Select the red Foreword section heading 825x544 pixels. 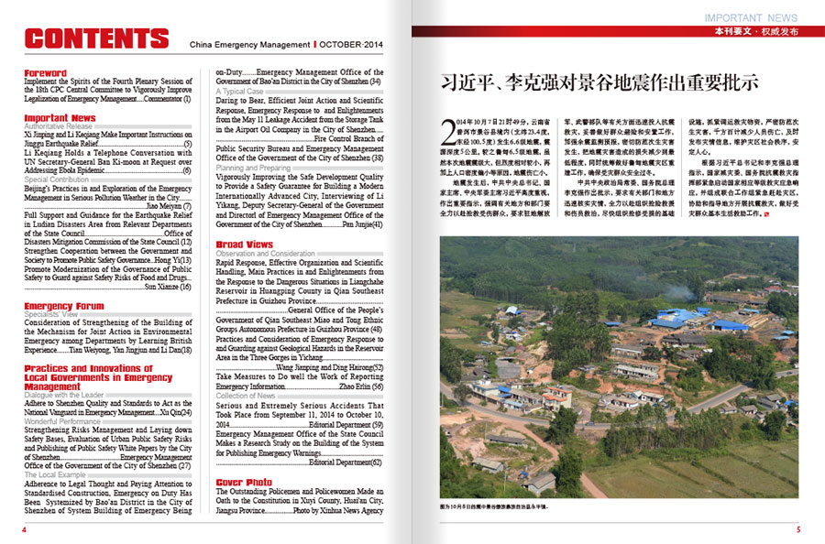pos(46,73)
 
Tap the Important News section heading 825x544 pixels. pos(60,118)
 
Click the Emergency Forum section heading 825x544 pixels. pos(64,306)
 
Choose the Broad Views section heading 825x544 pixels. pos(244,245)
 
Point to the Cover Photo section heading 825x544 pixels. pos(244,482)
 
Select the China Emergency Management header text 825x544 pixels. pos(249,43)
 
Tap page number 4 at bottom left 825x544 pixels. pos(24,529)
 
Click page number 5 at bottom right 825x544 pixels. pos(797,529)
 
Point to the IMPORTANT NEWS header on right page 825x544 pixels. pos(751,17)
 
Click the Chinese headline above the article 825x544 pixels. pos(599,82)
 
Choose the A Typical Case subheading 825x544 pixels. pos(240,92)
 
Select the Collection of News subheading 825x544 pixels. pos(247,395)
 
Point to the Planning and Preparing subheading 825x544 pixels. pos(254,169)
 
